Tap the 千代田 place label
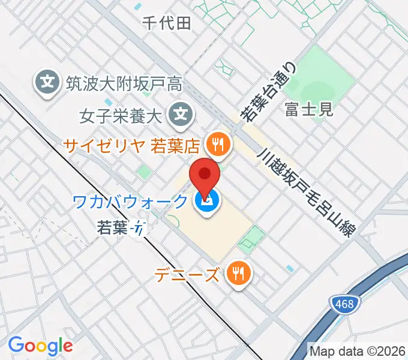tap(167, 23)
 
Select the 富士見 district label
tap(309, 109)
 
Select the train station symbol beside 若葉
tap(140, 229)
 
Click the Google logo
tap(40, 345)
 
